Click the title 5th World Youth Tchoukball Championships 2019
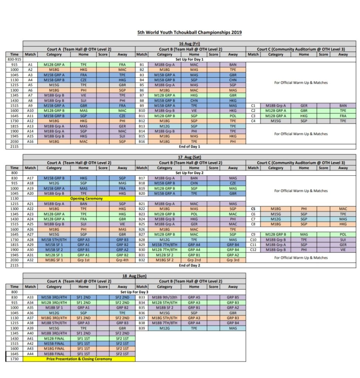pos(190,32)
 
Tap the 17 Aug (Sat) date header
pos(190,157)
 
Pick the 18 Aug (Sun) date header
pos(134,276)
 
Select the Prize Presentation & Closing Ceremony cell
pos(79,359)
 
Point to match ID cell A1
pos(30,65)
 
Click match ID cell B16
pos(142,141)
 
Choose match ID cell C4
pos(253,121)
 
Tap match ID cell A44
pos(30,354)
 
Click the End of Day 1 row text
pos(190,147)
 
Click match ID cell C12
pos(253,250)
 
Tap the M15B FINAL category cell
pos(54,343)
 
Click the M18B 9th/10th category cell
pos(165,297)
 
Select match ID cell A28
pos(30,239)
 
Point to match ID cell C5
pos(253,209)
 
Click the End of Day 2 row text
pos(190,265)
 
